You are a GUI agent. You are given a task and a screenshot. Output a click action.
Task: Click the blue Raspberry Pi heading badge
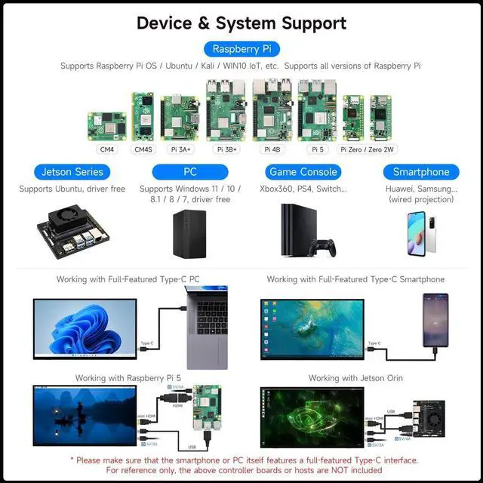[x=241, y=49]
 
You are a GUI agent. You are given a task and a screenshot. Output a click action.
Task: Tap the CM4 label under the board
[x=106, y=149]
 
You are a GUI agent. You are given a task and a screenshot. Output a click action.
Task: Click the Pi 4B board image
[x=272, y=109]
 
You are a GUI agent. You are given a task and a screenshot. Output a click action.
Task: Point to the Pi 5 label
[x=317, y=149]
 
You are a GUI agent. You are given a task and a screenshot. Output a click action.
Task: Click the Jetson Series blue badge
[x=72, y=172]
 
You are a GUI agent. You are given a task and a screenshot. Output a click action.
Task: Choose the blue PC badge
[x=189, y=172]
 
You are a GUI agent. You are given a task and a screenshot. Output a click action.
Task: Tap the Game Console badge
[x=304, y=172]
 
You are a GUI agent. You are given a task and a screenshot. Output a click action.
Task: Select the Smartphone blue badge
[x=420, y=172]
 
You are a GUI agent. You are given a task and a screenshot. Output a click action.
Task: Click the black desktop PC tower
[x=189, y=231]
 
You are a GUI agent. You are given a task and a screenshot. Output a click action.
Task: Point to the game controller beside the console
[x=325, y=246]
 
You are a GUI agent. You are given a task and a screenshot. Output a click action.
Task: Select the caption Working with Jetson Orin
[x=355, y=377]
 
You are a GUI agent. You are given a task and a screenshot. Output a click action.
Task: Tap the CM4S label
[x=142, y=149]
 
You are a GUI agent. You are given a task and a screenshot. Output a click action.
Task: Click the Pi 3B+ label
[x=226, y=149]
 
